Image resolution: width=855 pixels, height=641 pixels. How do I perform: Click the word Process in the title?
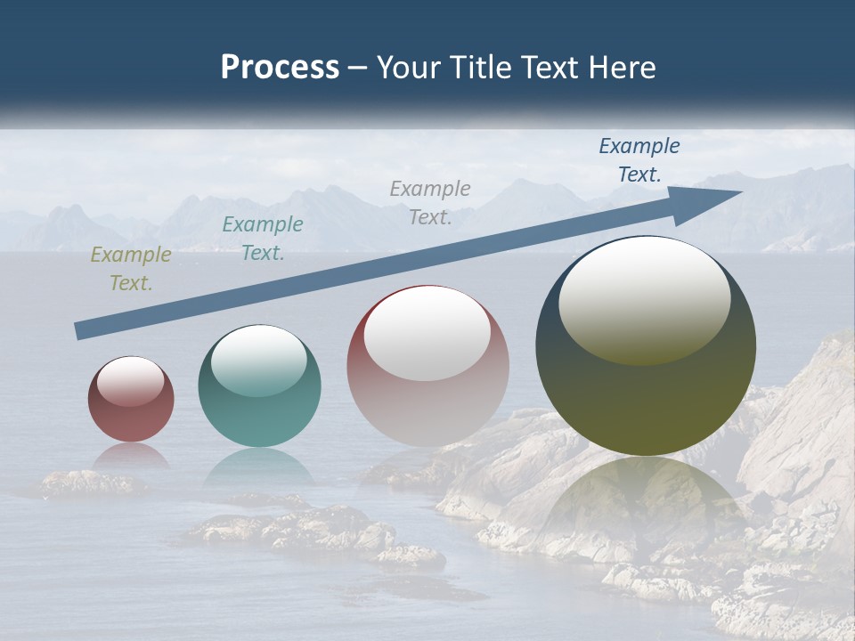pyautogui.click(x=280, y=68)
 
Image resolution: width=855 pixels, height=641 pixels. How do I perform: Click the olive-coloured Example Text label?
pyautogui.click(x=131, y=269)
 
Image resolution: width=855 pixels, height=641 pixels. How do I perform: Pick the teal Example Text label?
pyautogui.click(x=263, y=239)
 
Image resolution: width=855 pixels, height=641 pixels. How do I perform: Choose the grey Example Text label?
pyautogui.click(x=430, y=202)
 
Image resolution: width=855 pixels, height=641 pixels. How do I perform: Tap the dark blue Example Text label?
pyautogui.click(x=639, y=160)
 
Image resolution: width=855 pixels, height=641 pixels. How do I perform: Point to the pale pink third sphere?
pyautogui.click(x=427, y=401)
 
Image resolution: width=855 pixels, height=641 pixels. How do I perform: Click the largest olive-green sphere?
pyautogui.click(x=646, y=392)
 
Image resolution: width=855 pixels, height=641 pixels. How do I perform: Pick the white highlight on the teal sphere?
pyautogui.click(x=259, y=361)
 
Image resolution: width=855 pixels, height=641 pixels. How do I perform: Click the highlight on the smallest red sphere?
pyautogui.click(x=131, y=381)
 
